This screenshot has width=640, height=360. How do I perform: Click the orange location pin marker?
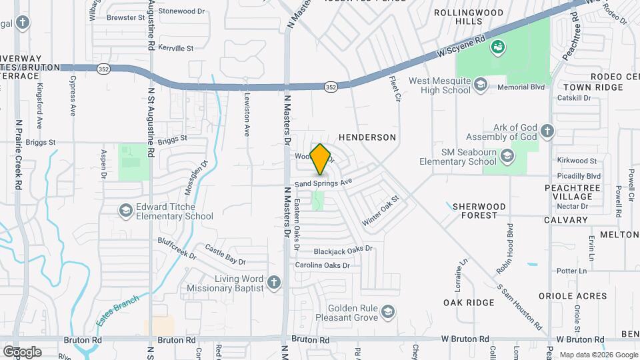[x=321, y=159]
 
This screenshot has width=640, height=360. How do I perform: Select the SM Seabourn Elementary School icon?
[x=507, y=156]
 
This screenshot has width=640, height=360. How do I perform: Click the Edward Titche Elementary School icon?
[x=125, y=211]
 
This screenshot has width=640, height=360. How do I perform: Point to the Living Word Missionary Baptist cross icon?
[x=273, y=283]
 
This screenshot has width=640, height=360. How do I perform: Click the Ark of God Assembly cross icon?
[x=547, y=131]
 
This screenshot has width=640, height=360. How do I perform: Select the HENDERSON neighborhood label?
[x=367, y=137]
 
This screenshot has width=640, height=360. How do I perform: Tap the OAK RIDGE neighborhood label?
[x=469, y=303]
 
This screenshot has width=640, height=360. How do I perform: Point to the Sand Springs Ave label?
[x=323, y=183]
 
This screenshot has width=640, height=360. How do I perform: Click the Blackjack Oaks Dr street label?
[x=343, y=251]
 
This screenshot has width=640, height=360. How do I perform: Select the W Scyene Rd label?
[x=460, y=46]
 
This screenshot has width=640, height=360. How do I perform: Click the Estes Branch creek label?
[x=117, y=310]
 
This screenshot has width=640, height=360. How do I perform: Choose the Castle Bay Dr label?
[x=225, y=253]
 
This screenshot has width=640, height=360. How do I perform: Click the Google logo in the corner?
[x=22, y=351]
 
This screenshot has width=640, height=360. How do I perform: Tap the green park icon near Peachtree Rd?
[x=497, y=47]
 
